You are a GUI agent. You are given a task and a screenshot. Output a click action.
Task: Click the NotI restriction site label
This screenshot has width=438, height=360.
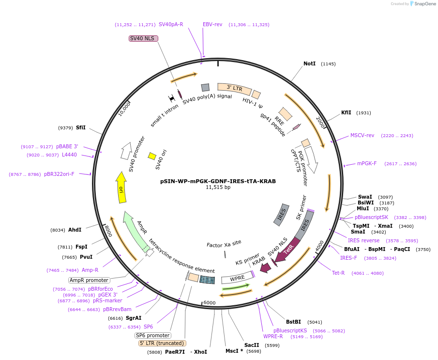pos(309,64)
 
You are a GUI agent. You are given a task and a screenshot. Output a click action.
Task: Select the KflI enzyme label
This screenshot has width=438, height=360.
pos(346,113)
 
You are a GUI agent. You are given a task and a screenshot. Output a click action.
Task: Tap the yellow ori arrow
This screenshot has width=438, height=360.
pos(121,184)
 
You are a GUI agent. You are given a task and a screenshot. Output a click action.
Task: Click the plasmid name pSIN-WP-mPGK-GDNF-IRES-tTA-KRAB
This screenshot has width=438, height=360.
pos(218,181)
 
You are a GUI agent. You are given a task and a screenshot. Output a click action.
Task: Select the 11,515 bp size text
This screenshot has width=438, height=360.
pos(218,188)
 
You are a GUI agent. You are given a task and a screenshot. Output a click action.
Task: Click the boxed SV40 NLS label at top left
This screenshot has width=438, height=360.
pos(143,38)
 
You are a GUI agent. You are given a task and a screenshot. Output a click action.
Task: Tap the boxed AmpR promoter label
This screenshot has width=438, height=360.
pos(89,280)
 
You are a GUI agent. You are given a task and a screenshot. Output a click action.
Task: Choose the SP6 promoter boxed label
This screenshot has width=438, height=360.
pos(153,335)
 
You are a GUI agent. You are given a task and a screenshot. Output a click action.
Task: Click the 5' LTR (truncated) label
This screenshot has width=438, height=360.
pos(162,344)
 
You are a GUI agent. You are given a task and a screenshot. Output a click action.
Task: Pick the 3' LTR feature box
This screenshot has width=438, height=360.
pos(234,89)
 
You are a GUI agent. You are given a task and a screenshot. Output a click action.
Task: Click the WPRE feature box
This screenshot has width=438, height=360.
pos(237,279)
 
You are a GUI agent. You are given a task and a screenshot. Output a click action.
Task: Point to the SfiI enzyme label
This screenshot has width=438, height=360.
pos(80,128)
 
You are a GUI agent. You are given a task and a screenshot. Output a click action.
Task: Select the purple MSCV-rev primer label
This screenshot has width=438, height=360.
pos(362,136)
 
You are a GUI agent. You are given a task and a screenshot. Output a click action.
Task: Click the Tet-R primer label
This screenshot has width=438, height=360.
pos(338,273)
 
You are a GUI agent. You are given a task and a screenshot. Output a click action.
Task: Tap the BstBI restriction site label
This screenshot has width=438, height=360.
pos(293,322)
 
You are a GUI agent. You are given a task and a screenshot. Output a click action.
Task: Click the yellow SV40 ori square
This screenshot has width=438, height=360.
pos(152,156)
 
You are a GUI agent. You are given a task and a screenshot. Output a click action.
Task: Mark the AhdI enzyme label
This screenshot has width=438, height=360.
pos(75,230)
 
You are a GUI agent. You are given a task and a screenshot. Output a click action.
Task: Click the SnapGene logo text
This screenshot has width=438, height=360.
pos(425,4)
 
